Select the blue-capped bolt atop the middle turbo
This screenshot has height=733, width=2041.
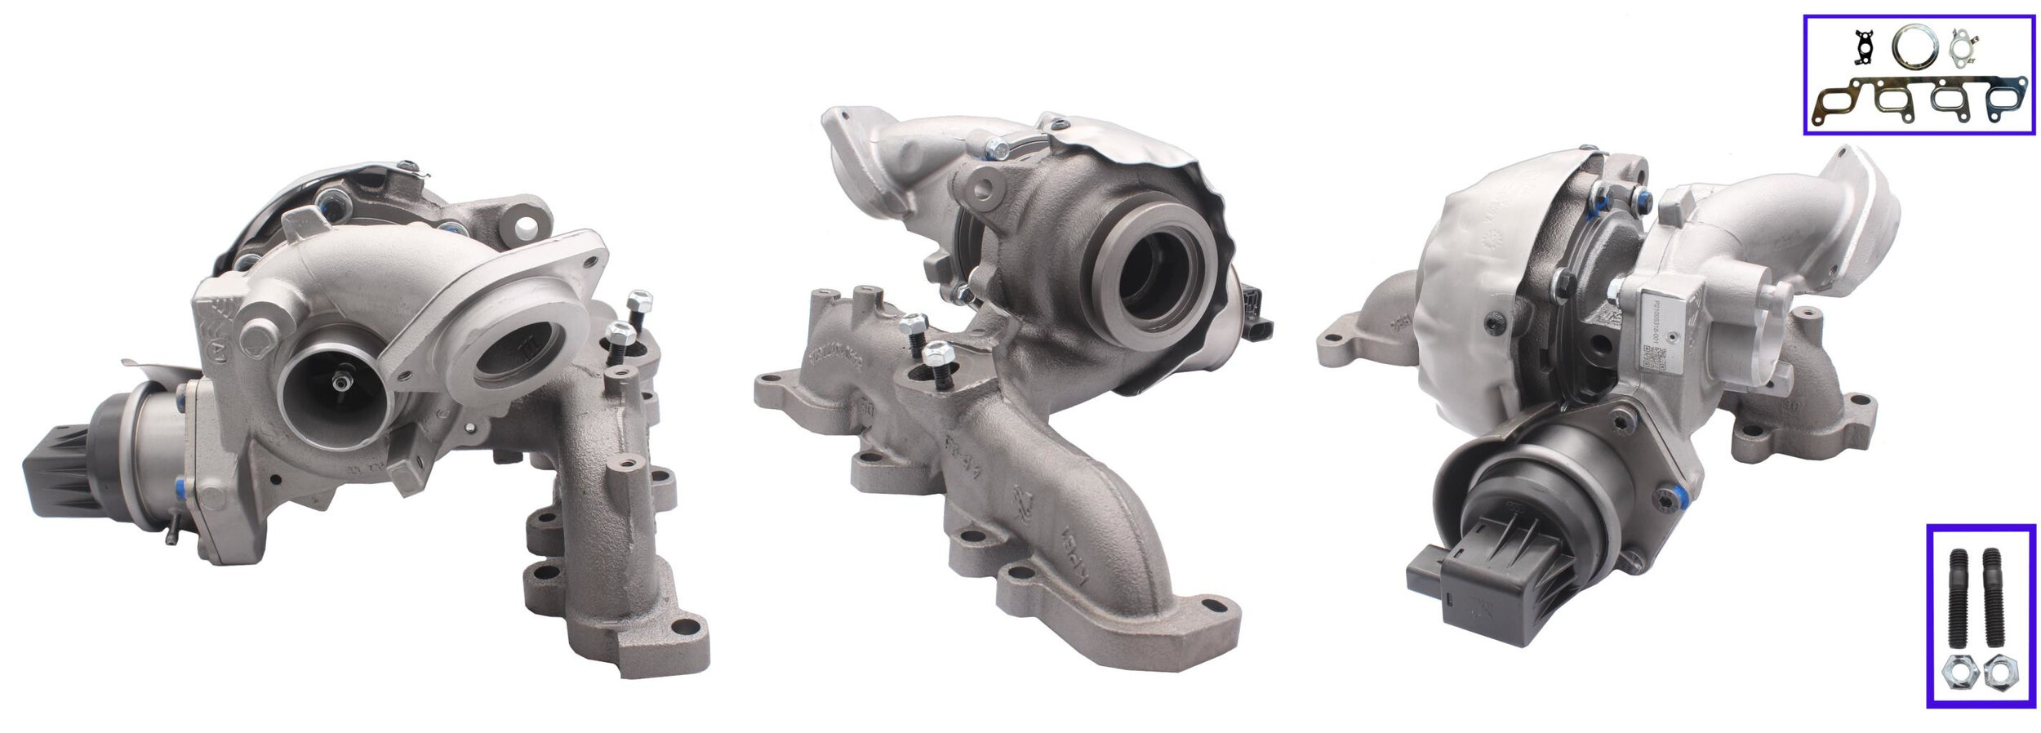click(x=995, y=149)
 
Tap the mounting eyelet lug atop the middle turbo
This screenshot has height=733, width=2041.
click(x=984, y=188)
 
